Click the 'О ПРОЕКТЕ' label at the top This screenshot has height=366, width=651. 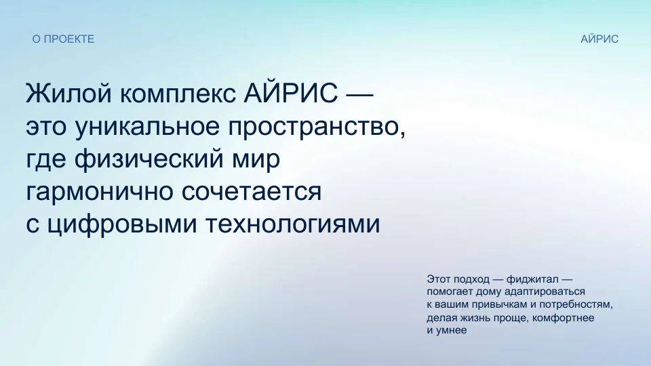point(64,39)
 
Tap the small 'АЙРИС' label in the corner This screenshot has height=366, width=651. point(599,39)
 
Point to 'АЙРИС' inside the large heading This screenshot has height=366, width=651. point(291,93)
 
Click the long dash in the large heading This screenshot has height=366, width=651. point(359,95)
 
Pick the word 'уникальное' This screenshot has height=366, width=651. point(147,127)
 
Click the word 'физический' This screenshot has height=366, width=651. point(149,159)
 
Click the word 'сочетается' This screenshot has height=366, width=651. point(252,192)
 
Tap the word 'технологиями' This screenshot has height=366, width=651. point(293,224)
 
